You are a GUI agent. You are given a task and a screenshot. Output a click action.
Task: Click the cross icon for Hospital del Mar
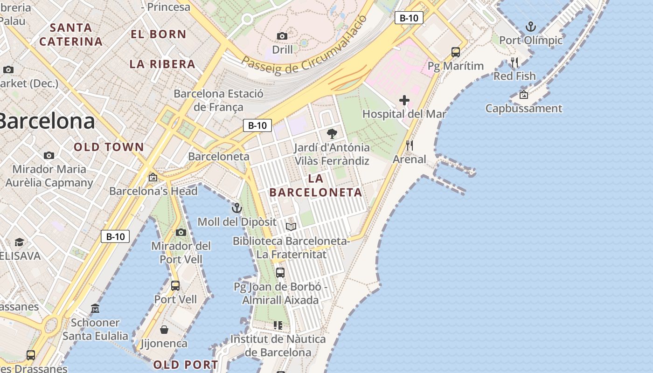404,100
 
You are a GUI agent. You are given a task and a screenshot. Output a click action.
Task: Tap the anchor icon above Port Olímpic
530,27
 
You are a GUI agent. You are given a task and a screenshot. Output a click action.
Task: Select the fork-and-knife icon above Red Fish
514,62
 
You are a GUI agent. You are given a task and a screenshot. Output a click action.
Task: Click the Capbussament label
524,109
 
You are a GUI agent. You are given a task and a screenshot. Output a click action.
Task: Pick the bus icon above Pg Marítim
456,52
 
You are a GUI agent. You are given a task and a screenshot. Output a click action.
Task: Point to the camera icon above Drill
282,36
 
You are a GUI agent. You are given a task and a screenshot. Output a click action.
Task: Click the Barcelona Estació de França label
218,100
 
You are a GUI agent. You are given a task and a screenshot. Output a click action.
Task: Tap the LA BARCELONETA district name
316,186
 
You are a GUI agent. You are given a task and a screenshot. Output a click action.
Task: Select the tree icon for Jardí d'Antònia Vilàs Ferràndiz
332,134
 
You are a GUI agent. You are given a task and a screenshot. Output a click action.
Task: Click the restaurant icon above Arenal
410,145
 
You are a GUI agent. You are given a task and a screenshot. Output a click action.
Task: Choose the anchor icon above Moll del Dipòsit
237,208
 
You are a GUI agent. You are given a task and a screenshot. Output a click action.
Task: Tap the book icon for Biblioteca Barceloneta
291,227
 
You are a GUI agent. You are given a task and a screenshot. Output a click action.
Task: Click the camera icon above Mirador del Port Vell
181,232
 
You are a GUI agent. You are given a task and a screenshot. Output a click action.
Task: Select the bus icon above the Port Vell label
175,285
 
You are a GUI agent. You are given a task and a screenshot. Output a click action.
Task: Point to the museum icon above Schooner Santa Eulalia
95,309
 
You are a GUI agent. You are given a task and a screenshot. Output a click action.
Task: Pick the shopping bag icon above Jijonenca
164,330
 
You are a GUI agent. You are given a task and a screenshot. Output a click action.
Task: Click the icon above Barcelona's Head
153,177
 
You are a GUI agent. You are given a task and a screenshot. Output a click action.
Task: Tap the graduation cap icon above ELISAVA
19,242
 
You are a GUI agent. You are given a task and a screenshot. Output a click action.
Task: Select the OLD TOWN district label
109,147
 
